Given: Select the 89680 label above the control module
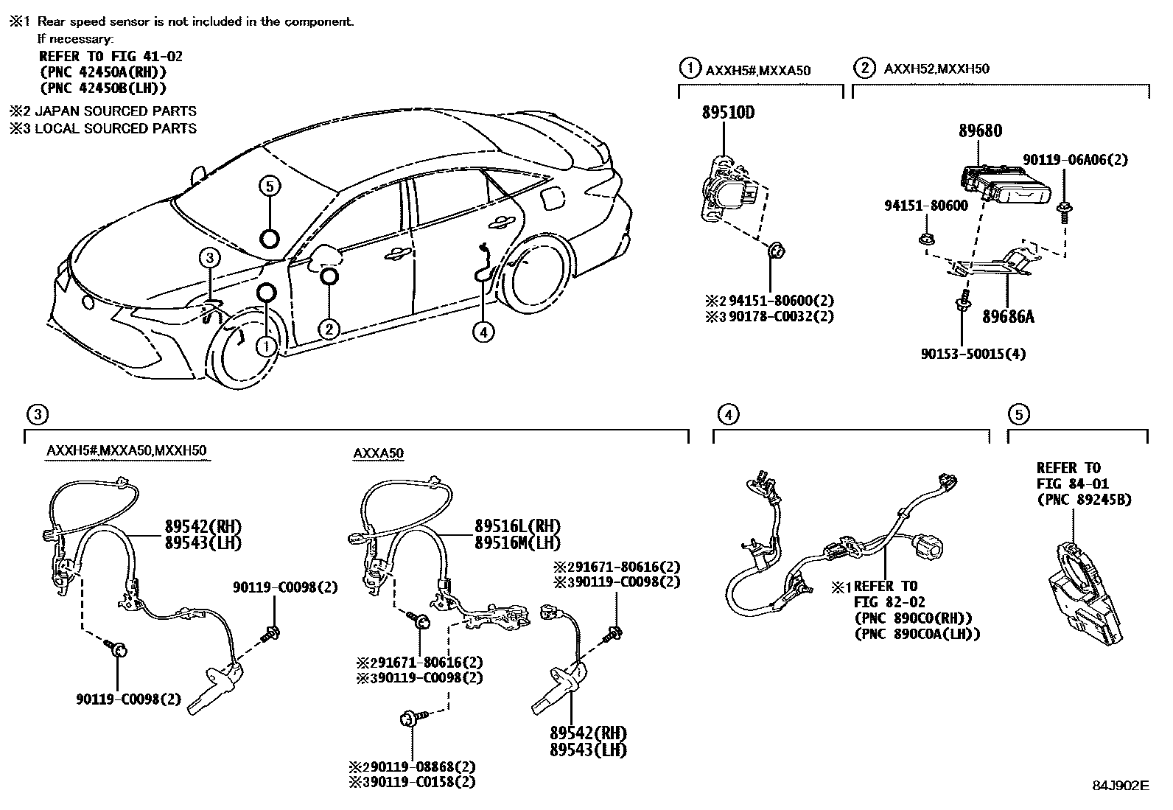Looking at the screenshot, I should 980,131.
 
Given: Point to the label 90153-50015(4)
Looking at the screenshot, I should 973,354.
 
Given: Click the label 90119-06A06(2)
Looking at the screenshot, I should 1075,160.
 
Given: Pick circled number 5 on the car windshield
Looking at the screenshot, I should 270,186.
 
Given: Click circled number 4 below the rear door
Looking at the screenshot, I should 483,333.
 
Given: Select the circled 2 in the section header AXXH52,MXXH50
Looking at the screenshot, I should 863,69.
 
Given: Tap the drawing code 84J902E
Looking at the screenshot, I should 1121,786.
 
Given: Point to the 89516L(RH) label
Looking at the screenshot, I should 517,527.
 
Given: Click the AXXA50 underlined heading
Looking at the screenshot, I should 378,453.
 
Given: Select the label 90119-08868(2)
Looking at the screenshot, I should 418,767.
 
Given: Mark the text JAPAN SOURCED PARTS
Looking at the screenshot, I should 116,111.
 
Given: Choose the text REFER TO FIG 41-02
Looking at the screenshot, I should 111,56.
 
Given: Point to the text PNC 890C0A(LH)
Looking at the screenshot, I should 917,633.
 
